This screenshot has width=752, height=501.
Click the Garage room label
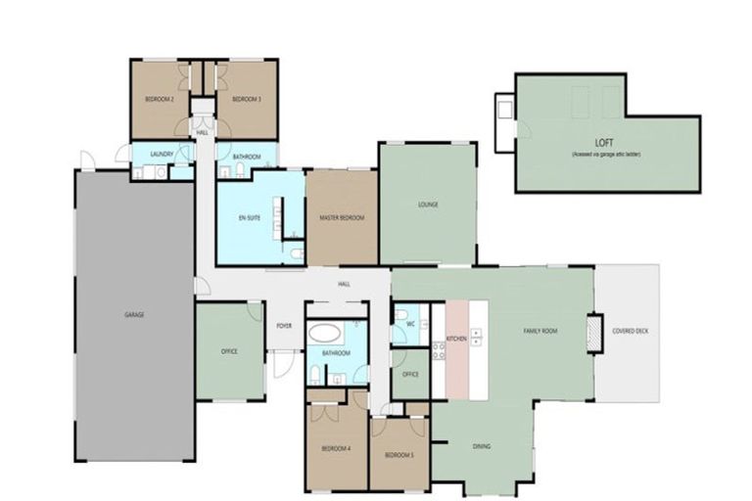[x=134, y=315]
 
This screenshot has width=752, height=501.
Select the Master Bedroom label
[x=342, y=217]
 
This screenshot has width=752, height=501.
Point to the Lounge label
[x=427, y=205]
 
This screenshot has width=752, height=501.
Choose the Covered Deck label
[x=630, y=332]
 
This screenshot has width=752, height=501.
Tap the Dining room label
[x=481, y=447]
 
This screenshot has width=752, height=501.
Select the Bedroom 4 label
[x=336, y=449]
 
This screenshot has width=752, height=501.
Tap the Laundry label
[x=162, y=154]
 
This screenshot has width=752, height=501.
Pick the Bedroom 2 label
[x=160, y=100]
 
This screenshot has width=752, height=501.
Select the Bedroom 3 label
[x=246, y=100]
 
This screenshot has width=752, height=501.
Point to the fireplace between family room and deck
[x=591, y=332]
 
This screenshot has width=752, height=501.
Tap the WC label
[x=411, y=324]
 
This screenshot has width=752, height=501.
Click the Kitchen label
[x=456, y=338]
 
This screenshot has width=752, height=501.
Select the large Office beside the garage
[x=229, y=351]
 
